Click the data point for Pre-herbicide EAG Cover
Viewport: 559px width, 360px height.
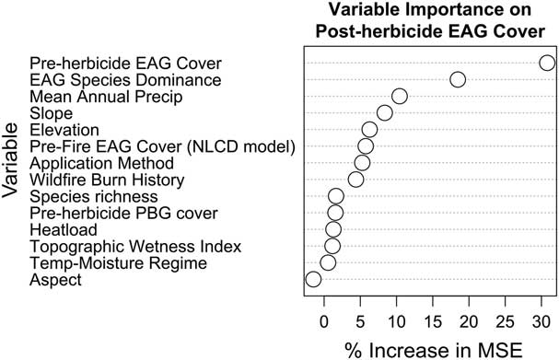[547, 63]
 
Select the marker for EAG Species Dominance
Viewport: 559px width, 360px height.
[458, 79]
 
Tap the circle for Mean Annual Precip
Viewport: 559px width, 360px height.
[399, 96]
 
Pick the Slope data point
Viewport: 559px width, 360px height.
[384, 112]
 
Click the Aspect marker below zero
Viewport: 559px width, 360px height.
[313, 279]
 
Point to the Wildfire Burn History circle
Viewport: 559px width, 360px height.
[355, 179]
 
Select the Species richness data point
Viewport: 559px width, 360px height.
[336, 195]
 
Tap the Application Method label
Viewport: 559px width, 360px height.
[95, 163]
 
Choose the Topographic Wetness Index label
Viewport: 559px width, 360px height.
[135, 247]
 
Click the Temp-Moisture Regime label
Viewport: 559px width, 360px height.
[118, 263]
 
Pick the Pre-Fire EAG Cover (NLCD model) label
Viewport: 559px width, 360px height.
[161, 146]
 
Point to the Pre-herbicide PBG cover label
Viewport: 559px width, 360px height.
[123, 213]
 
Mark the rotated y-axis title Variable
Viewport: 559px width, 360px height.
[12, 161]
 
